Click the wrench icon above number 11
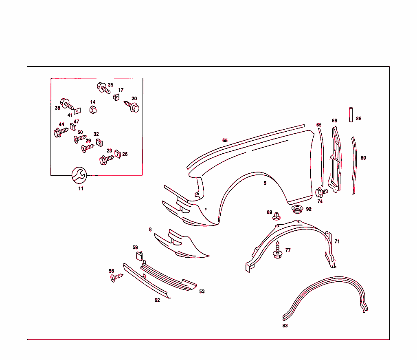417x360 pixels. point(79,175)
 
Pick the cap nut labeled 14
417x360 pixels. point(94,110)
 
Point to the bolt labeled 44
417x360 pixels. point(60,132)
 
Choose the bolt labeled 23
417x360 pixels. point(106,159)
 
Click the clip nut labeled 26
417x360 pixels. point(118,154)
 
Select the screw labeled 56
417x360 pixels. point(116,278)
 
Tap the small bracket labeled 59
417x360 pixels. point(138,256)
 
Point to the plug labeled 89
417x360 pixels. point(277,216)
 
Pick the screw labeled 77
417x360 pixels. point(278,250)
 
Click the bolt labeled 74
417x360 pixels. point(321,192)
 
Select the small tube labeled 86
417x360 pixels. point(349,114)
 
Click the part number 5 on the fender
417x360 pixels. point(265,183)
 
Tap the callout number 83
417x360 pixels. point(285,325)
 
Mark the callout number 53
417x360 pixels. point(202,291)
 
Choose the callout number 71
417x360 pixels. point(337,241)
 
